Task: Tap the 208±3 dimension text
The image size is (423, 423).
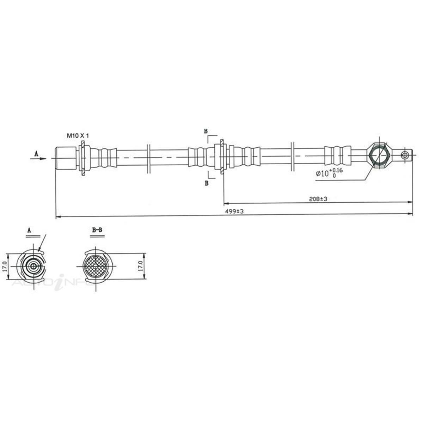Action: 318,199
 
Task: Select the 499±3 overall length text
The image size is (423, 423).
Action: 234,211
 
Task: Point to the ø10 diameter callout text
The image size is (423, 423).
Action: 329,173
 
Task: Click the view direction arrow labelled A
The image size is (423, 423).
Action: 38,158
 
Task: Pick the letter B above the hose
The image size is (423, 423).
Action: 206,131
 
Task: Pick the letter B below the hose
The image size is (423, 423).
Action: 207,183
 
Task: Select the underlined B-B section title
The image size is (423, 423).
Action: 97,230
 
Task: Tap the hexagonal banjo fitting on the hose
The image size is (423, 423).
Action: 378,155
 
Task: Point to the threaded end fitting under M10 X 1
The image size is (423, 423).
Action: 66,158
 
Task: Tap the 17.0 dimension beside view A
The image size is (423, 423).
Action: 4,266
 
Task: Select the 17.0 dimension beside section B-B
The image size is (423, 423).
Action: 140,266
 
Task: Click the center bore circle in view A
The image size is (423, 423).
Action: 33,266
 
